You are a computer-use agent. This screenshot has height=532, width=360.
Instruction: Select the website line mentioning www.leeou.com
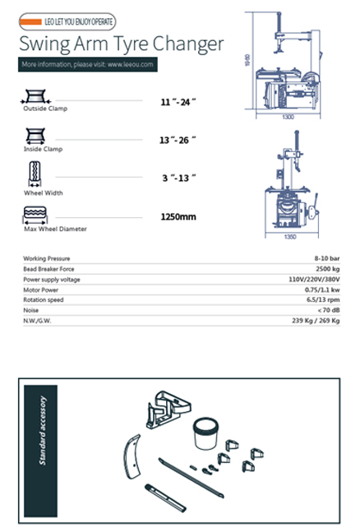tap(86, 64)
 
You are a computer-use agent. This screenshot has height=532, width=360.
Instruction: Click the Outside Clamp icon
tap(35, 95)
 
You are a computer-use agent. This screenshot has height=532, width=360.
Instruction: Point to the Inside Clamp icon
tap(35, 135)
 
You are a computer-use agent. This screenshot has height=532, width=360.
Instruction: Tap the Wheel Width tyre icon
tap(35, 175)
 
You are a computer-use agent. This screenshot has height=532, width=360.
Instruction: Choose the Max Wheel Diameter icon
tap(35, 215)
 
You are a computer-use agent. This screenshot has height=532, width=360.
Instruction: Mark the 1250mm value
tap(178, 218)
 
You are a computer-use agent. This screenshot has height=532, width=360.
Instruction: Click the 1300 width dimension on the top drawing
tap(288, 117)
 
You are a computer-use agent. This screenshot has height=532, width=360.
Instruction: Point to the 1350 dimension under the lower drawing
tap(289, 238)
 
